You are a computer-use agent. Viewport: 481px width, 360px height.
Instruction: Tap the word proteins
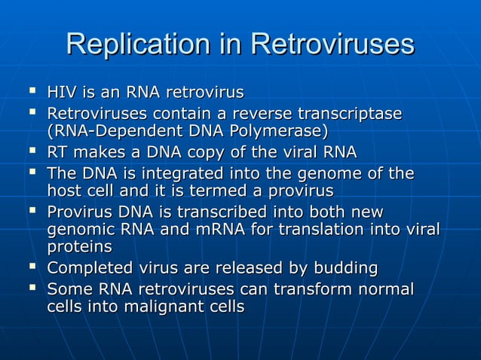(x=80, y=248)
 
